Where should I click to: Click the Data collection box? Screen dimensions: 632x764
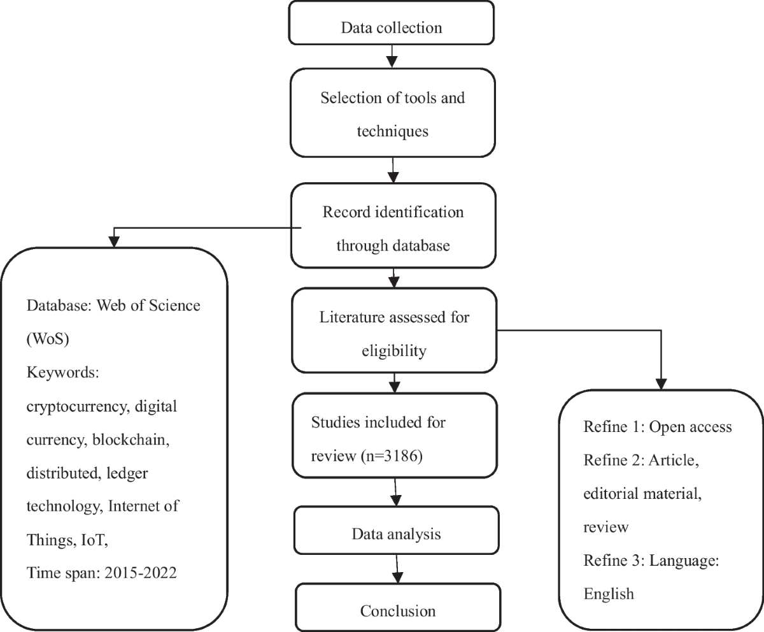tap(392, 28)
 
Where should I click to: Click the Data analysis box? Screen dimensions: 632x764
tap(396, 533)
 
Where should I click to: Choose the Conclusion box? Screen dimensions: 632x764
tap(398, 611)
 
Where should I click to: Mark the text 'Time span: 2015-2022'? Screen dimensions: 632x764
tap(102, 572)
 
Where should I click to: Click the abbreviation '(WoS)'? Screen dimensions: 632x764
tap(47, 339)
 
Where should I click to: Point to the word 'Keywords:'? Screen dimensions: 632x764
tap(62, 373)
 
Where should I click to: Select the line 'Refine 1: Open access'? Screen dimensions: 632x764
tap(657, 426)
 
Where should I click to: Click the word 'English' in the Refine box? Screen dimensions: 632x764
tap(609, 594)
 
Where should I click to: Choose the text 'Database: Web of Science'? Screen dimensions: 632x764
tap(113, 305)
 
